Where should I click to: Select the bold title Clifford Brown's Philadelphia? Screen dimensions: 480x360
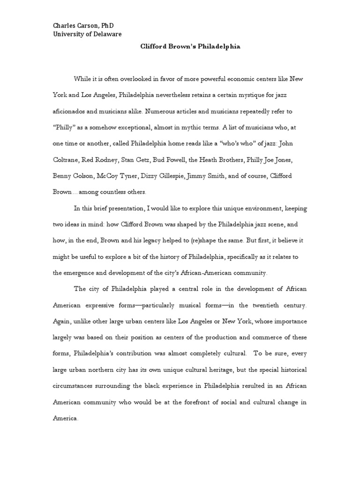[x=190, y=47]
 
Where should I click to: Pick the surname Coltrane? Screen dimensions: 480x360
[x=68, y=161]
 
